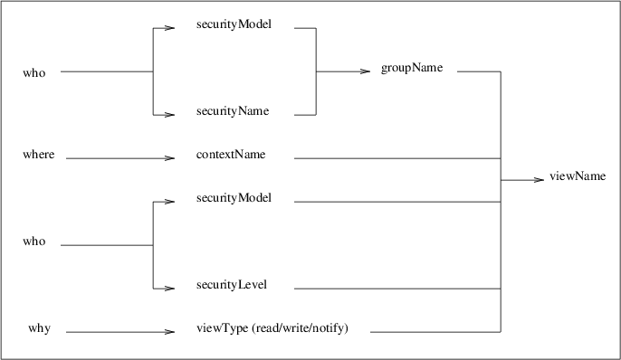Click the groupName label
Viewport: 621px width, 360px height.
412,71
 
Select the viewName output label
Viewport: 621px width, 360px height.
577,176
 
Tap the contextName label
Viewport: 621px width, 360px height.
230,155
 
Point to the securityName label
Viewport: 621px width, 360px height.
232,111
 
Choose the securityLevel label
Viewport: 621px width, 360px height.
231,286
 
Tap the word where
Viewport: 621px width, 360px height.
38,155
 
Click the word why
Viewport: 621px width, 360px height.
38,328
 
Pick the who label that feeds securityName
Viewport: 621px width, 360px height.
33,72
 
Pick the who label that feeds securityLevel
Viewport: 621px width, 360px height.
33,242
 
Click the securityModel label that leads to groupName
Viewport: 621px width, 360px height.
234,24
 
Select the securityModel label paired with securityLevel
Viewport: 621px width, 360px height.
234,197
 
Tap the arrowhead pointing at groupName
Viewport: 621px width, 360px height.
367,71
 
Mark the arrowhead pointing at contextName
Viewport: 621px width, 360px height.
169,159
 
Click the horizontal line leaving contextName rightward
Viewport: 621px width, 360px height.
398,158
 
